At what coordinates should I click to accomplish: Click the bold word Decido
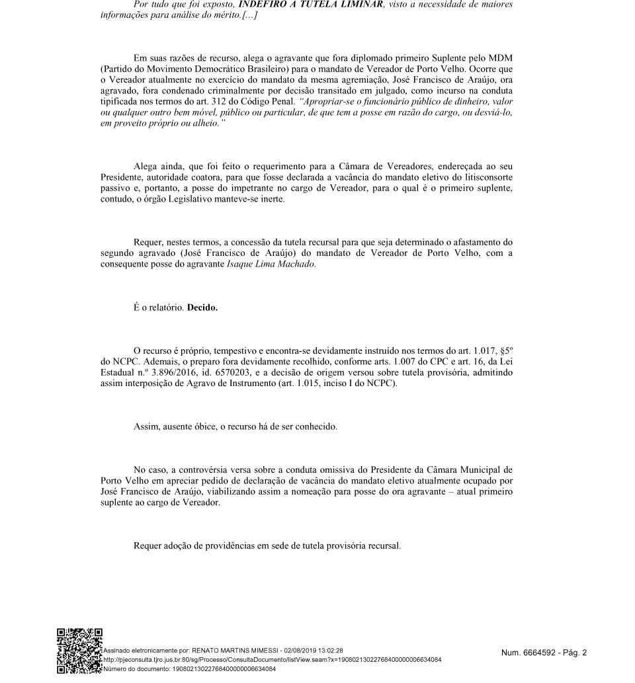coord(202,307)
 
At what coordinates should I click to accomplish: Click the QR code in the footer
coord(79,651)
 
